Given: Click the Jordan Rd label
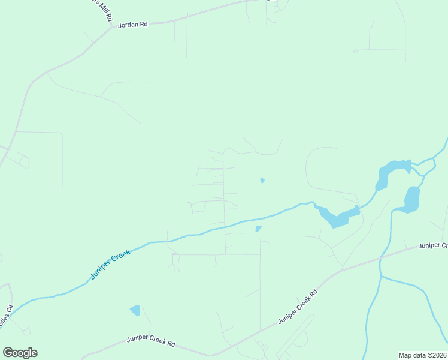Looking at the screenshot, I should tap(132, 25).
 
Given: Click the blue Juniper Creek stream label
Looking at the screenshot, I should tap(111, 265).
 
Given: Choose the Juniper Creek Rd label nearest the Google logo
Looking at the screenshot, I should tap(151, 341).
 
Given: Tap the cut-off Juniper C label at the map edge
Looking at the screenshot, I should tap(433, 245).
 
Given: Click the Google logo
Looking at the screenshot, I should tap(20, 353).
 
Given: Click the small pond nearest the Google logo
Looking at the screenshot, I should tap(135, 310).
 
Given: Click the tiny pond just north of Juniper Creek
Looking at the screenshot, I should tap(262, 180).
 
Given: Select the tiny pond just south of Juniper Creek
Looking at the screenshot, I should tap(258, 229).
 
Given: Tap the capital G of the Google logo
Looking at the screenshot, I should tap(7, 353).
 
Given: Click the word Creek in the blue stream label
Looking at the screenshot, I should tap(120, 257).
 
